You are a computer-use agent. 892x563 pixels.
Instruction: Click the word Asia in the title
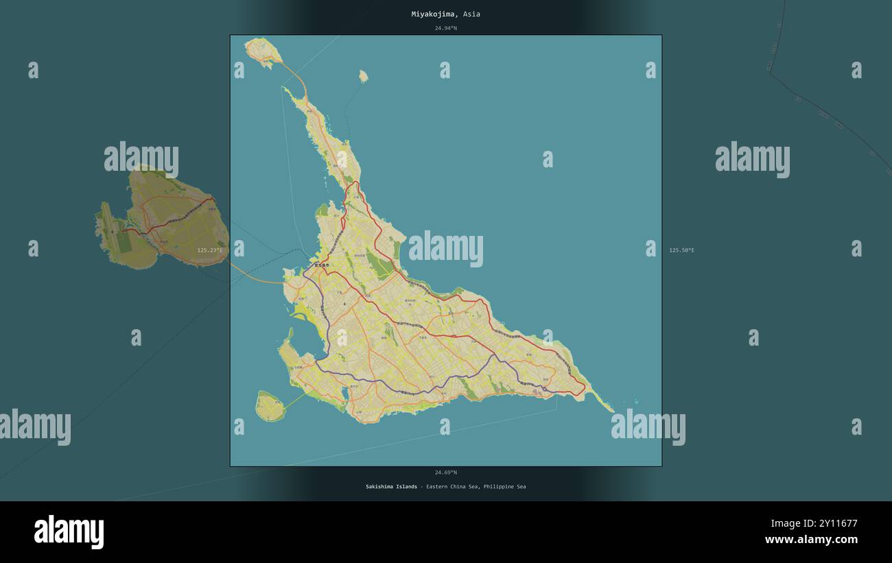click(x=471, y=14)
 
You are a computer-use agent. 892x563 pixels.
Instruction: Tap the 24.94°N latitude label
click(x=445, y=28)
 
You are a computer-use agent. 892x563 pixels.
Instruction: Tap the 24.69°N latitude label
click(x=445, y=472)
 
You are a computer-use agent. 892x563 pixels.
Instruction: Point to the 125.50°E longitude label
click(x=681, y=250)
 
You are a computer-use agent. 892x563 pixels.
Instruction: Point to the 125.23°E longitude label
click(x=209, y=250)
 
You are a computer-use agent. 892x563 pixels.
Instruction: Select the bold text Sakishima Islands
click(x=391, y=487)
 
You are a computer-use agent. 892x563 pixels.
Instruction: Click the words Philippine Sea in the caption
click(x=504, y=487)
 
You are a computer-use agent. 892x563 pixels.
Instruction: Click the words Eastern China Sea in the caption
click(x=452, y=487)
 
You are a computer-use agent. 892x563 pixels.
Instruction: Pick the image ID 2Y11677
click(x=834, y=524)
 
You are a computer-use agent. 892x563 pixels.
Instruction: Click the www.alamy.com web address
click(x=811, y=540)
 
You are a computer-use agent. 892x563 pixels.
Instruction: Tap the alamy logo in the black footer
click(x=69, y=532)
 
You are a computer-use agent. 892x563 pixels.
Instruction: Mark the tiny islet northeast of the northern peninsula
click(x=363, y=76)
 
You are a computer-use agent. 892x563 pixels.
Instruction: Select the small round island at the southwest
click(x=270, y=406)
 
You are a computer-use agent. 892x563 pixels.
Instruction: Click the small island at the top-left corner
click(x=263, y=49)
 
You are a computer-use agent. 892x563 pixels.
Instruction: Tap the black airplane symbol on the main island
click(x=344, y=304)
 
